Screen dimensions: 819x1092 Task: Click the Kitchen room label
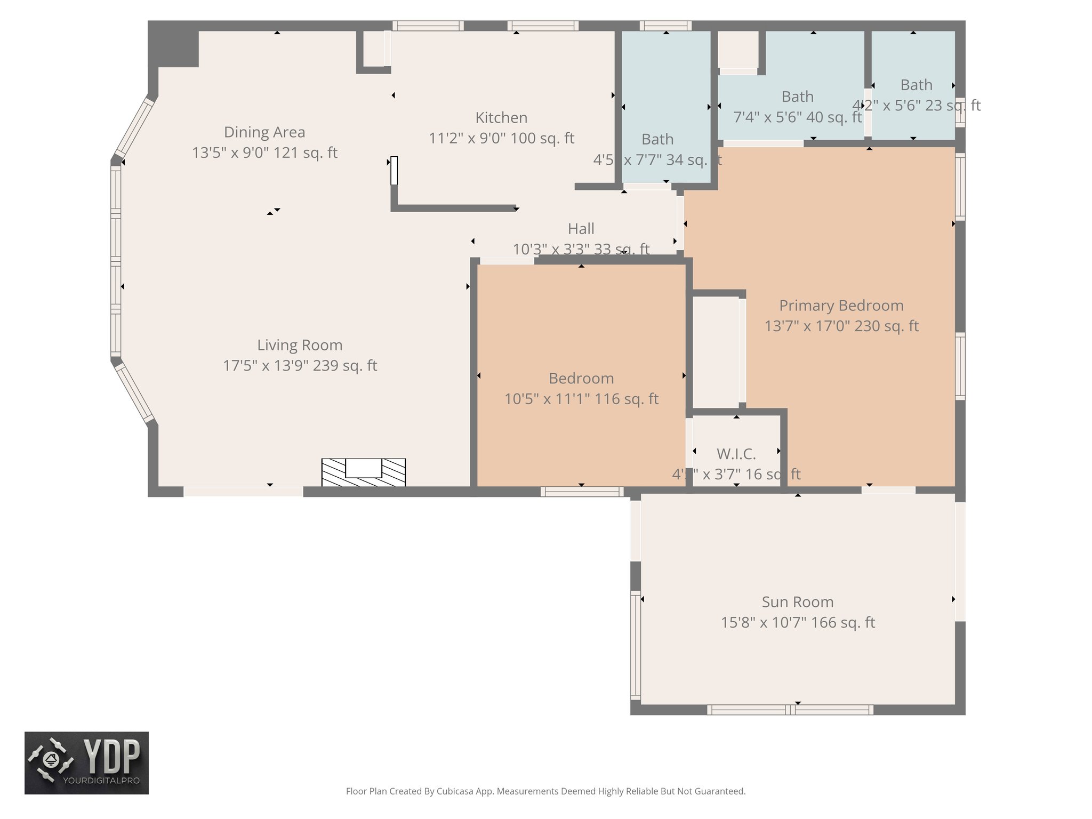(501, 118)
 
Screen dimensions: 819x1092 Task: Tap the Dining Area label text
(264, 132)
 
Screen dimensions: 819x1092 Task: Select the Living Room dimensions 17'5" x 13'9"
(300, 366)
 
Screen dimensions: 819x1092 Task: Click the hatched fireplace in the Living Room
(364, 473)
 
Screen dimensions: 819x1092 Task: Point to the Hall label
(581, 229)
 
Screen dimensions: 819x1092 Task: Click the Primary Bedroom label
(841, 306)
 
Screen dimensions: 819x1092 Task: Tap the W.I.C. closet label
(736, 454)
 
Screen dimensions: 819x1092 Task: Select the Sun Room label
(797, 602)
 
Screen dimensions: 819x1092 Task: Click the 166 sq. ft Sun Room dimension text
(798, 623)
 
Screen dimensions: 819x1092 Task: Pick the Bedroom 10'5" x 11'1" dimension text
(581, 399)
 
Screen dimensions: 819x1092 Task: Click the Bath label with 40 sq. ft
(797, 97)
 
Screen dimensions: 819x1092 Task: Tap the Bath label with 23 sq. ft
(916, 85)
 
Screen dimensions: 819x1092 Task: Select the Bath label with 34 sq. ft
(657, 140)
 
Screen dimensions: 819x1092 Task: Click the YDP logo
(86, 762)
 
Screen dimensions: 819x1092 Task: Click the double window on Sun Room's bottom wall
(790, 710)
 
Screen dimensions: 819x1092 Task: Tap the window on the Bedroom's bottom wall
(582, 492)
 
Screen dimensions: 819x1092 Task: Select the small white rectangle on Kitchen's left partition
(394, 170)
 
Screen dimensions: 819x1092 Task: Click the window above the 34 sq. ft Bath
(665, 26)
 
